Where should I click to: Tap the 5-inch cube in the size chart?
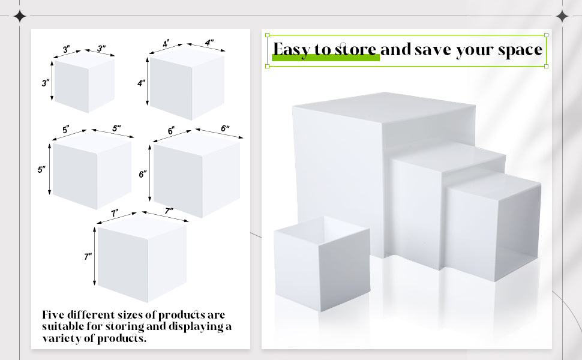click(x=92, y=171)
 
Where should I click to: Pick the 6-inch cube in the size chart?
click(x=197, y=175)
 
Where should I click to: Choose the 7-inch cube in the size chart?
click(x=142, y=259)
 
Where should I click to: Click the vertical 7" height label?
click(x=88, y=256)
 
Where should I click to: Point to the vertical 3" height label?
click(x=45, y=83)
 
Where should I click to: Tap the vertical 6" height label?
click(x=143, y=174)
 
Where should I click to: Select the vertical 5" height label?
click(x=41, y=170)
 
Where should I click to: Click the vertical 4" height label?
click(x=141, y=83)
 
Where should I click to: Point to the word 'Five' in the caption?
click(x=53, y=315)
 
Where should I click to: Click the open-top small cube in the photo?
click(x=322, y=263)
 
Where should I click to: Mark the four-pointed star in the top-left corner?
click(x=20, y=16)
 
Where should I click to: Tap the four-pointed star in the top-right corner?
click(x=562, y=16)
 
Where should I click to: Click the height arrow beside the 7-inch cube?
click(x=95, y=256)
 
